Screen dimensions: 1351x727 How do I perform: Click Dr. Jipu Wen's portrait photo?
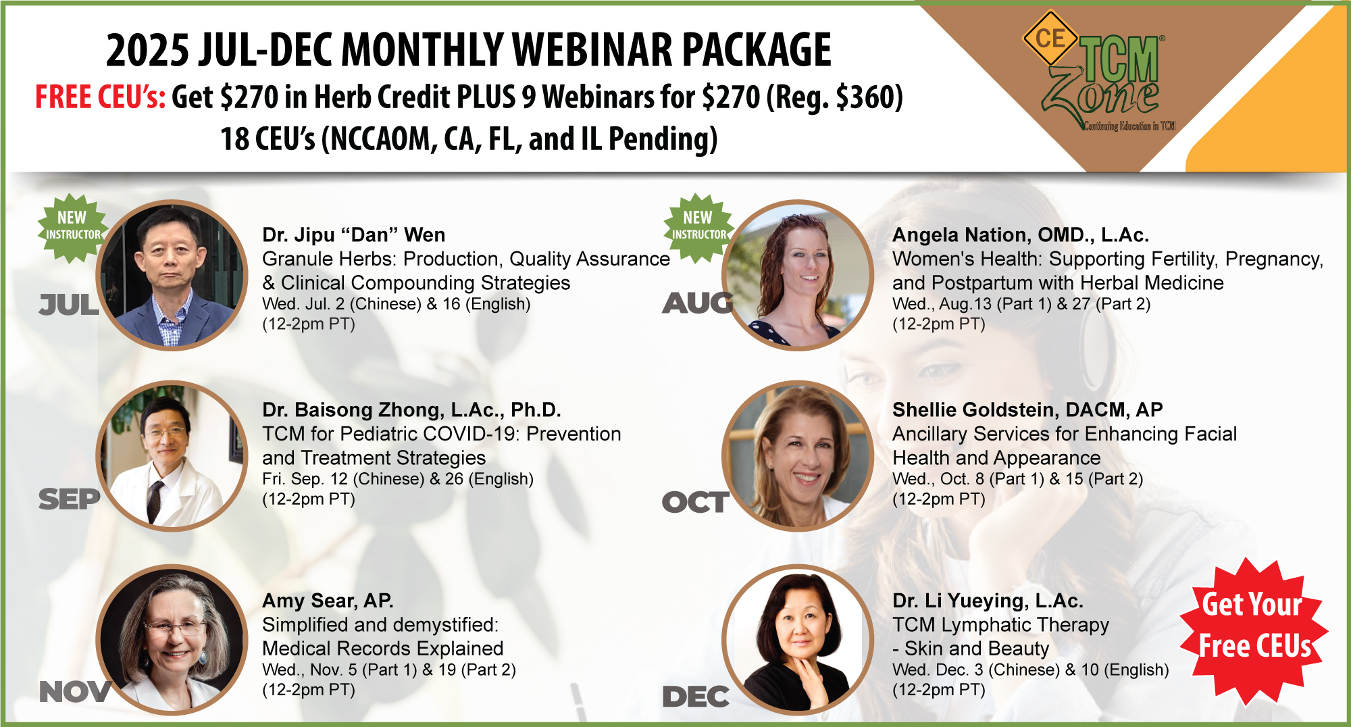pyautogui.click(x=173, y=275)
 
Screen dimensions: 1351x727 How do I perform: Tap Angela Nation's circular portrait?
pyautogui.click(x=798, y=275)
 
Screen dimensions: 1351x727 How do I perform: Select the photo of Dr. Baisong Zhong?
pyautogui.click(x=173, y=456)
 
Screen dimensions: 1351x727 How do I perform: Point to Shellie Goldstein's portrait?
pyautogui.click(x=798, y=456)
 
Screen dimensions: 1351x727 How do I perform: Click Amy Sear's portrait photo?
pyautogui.click(x=173, y=640)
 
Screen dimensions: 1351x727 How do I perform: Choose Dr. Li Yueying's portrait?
pyautogui.click(x=798, y=640)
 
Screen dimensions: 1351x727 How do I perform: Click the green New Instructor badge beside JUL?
pyautogui.click(x=72, y=228)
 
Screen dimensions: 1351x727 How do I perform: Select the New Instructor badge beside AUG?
pyautogui.click(x=698, y=228)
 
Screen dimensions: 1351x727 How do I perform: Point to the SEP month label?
pyautogui.click(x=69, y=499)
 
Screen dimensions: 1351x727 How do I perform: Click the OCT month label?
pyautogui.click(x=695, y=502)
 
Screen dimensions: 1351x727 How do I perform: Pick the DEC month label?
pyautogui.click(x=695, y=697)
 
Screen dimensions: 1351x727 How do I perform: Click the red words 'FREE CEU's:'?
pyautogui.click(x=100, y=97)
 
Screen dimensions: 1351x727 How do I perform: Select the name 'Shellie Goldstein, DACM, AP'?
pyautogui.click(x=1027, y=409)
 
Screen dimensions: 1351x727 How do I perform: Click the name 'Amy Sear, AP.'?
pyautogui.click(x=328, y=601)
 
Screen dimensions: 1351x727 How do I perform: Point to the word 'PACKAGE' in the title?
pyautogui.click(x=756, y=50)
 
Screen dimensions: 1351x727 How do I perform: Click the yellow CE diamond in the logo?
pyautogui.click(x=1050, y=38)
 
